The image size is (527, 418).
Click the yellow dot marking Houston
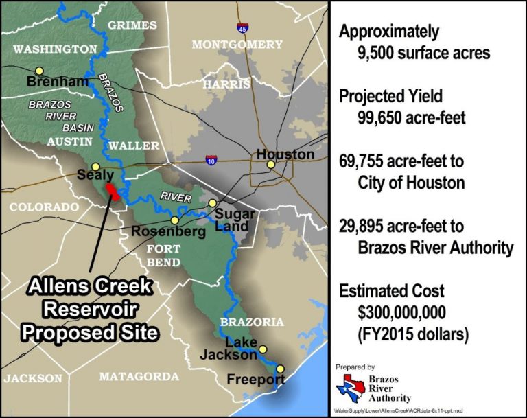tap(271, 165)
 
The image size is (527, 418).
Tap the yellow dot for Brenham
tap(40, 70)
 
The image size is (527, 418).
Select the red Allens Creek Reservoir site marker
tap(115, 191)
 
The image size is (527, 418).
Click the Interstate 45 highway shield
tap(243, 28)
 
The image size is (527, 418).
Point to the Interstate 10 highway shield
tap(212, 160)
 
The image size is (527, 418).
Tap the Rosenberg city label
tap(159, 231)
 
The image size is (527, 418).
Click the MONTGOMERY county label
tap(237, 45)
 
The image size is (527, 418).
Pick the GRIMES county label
tap(132, 25)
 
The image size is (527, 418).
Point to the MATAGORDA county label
tap(139, 376)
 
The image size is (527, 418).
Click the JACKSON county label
tap(32, 378)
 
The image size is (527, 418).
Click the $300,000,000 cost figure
tap(402, 313)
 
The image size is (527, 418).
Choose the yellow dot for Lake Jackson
tap(262, 349)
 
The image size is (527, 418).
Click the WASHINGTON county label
tap(55, 49)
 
